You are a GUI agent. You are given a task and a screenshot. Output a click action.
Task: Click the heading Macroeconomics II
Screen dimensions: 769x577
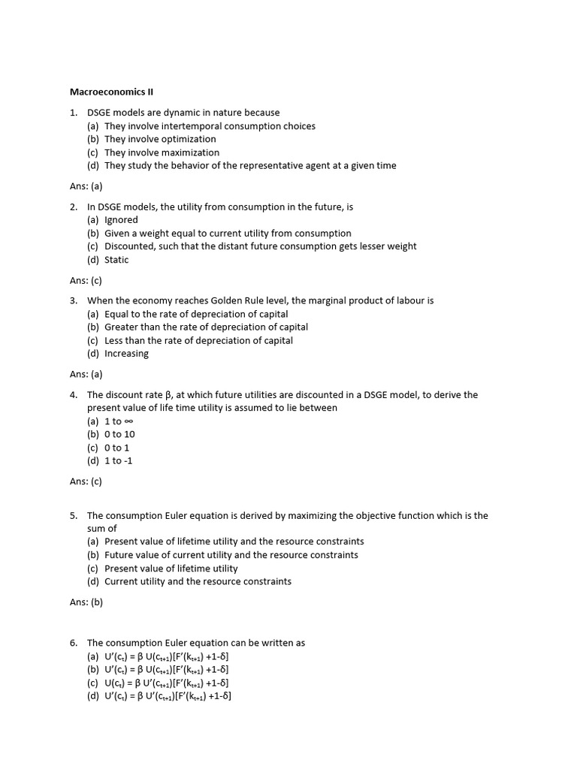click(x=111, y=92)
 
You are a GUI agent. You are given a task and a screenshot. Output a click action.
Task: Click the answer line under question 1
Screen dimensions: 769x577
click(x=86, y=186)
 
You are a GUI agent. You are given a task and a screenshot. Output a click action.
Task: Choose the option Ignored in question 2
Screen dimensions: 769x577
click(x=121, y=220)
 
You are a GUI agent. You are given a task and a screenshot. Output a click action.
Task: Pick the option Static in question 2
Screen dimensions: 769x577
click(x=116, y=260)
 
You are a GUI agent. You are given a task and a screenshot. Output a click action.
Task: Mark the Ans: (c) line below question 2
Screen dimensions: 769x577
click(x=86, y=280)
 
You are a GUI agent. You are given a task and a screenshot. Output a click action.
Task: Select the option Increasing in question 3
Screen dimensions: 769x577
click(x=126, y=354)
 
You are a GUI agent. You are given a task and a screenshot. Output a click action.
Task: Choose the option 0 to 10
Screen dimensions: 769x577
click(x=119, y=434)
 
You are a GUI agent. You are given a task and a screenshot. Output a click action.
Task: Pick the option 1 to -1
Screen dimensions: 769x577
click(x=118, y=461)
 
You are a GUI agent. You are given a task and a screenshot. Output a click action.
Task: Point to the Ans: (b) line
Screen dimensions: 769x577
click(x=86, y=602)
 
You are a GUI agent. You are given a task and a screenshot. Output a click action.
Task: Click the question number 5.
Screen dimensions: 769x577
click(x=74, y=516)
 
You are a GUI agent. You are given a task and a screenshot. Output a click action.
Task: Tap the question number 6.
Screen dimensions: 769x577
click(x=74, y=643)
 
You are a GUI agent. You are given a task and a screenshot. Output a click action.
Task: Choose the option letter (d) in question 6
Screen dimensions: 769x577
click(x=93, y=696)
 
